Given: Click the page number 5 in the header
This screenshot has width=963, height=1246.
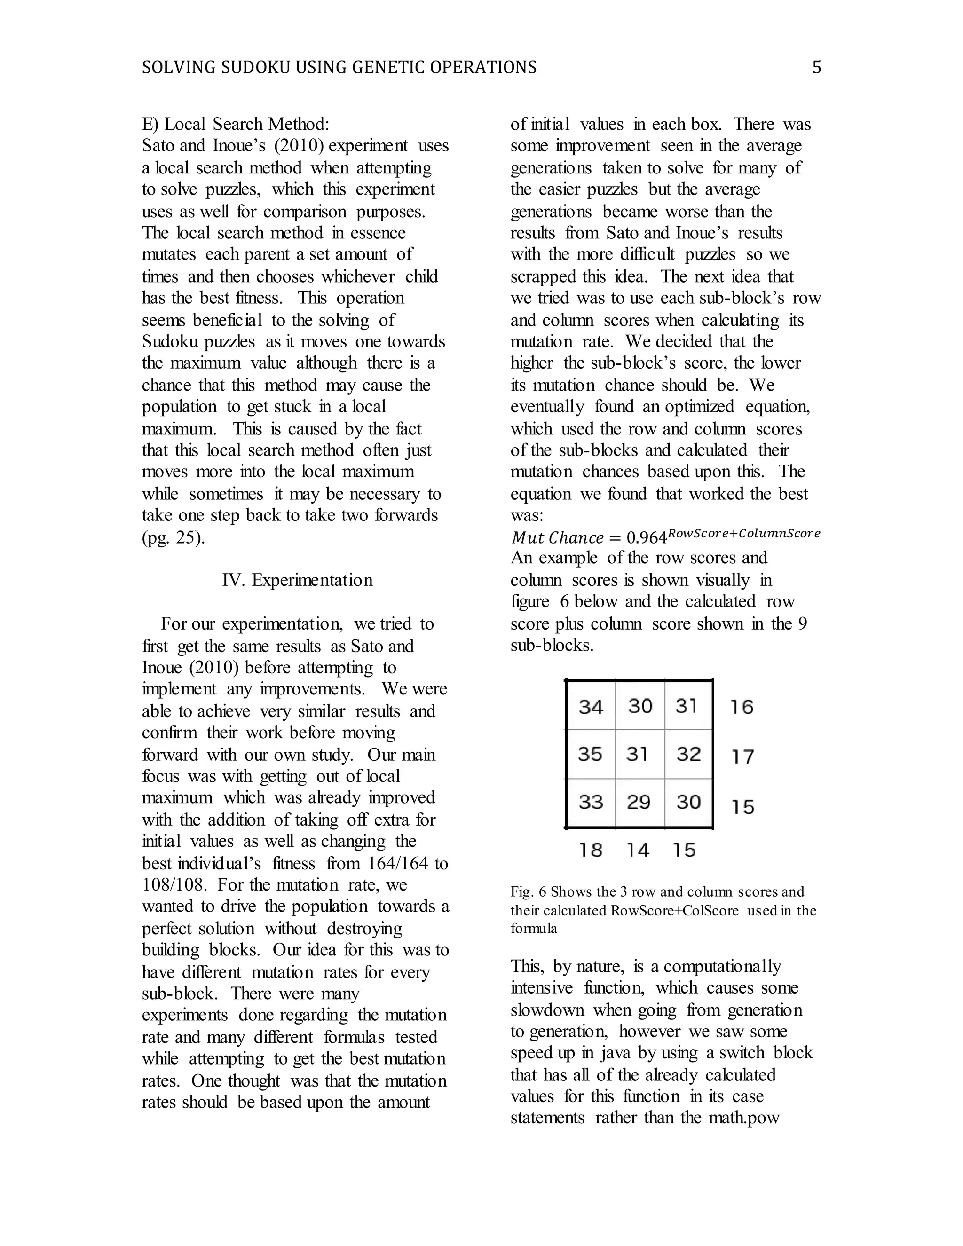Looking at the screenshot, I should tap(816, 67).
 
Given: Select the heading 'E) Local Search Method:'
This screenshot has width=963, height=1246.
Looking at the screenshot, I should tap(236, 124).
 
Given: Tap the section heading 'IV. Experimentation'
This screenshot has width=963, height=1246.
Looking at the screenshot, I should tap(297, 580).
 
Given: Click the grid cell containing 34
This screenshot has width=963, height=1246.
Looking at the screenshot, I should tap(591, 706).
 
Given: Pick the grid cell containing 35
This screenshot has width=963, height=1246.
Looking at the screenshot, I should tap(591, 754).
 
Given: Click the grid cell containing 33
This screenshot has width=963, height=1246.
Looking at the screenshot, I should tap(591, 802).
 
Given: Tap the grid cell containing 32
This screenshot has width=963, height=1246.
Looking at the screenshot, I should tap(688, 754).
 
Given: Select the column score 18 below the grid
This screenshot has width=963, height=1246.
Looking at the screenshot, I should tap(591, 850).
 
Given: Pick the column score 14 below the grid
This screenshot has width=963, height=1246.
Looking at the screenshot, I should tap(638, 850).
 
